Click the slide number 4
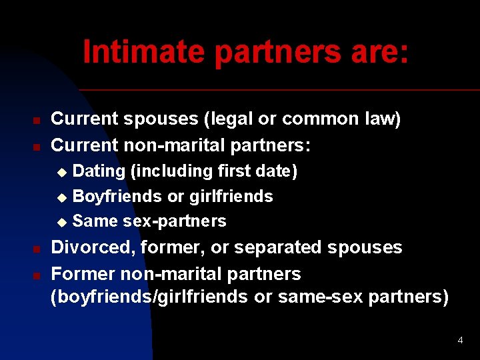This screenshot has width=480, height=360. tap(460, 341)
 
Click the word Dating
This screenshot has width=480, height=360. tap(99, 171)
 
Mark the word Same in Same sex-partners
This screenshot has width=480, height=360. tap(95, 221)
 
